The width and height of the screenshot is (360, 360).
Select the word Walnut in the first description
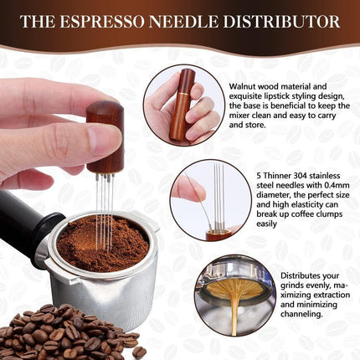tap(244, 86)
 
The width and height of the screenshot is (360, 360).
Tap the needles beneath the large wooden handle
tap(105, 197)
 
